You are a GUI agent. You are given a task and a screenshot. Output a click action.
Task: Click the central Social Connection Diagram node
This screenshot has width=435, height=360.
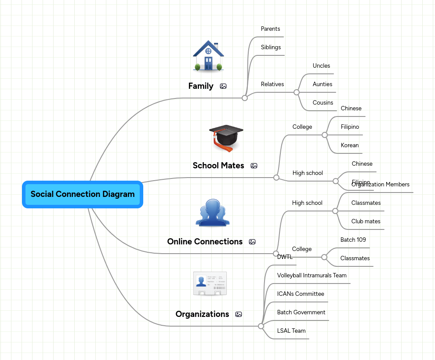point(83,194)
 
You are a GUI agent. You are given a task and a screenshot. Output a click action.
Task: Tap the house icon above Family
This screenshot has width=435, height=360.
point(208,56)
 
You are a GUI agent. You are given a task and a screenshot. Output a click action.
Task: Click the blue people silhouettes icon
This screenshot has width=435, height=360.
point(212,213)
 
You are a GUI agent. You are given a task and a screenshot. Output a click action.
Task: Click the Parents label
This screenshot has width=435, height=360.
point(270,29)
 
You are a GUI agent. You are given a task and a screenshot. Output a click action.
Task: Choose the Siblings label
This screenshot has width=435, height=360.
point(271,47)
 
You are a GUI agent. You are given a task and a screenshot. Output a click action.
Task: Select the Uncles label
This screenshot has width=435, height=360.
point(321,66)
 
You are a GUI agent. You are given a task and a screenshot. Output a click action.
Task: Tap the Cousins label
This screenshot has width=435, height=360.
point(323,103)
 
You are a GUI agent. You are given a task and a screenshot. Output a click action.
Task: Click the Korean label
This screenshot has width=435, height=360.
point(350,145)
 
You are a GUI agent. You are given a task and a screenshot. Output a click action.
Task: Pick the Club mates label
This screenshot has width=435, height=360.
point(366,222)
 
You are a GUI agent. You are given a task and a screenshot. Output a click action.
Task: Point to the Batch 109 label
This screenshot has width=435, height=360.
point(353,240)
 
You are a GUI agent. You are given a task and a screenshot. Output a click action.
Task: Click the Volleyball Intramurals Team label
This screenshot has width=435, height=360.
point(312,276)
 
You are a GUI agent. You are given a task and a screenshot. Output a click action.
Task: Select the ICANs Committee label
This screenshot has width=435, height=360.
point(301,294)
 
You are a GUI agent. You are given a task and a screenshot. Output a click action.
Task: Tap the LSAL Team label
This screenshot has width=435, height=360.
point(291,331)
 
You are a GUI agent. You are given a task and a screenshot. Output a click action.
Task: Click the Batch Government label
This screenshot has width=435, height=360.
point(301,313)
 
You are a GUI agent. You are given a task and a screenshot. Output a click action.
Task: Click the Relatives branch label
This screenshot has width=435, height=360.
point(272,84)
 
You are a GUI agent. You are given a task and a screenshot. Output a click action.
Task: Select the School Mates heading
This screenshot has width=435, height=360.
point(218,166)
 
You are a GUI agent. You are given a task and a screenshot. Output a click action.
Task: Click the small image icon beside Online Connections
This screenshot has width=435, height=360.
point(252,242)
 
